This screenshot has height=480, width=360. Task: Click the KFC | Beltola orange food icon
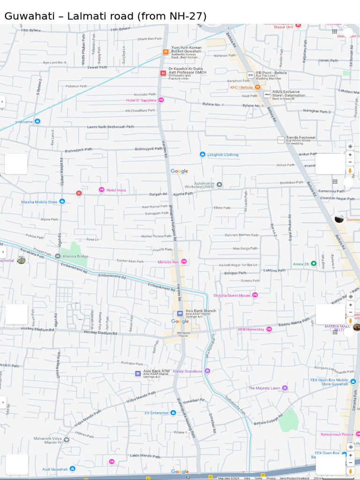click(257, 87)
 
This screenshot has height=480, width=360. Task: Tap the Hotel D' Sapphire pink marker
click(161, 100)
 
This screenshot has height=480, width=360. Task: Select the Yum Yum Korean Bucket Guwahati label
click(186, 50)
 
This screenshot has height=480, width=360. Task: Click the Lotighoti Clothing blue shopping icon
click(202, 154)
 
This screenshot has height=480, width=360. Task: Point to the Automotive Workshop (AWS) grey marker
click(219, 185)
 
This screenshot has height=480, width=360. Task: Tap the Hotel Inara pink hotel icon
click(101, 190)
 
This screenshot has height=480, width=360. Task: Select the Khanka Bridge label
click(75, 256)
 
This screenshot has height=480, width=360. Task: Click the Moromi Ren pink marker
click(184, 262)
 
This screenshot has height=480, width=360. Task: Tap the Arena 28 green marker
click(314, 263)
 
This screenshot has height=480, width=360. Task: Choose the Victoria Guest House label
click(232, 295)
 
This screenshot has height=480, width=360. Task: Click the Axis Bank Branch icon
click(180, 313)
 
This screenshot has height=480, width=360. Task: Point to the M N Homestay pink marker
click(269, 329)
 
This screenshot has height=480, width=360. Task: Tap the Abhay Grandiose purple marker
click(207, 371)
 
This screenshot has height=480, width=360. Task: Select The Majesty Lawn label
click(264, 388)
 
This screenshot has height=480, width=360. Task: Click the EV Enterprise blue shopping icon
click(173, 412)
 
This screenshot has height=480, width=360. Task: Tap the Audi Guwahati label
click(55, 469)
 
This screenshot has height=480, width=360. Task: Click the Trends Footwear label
click(300, 137)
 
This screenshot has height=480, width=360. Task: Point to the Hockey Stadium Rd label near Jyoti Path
click(100, 332)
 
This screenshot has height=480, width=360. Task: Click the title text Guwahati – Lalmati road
click(105, 16)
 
